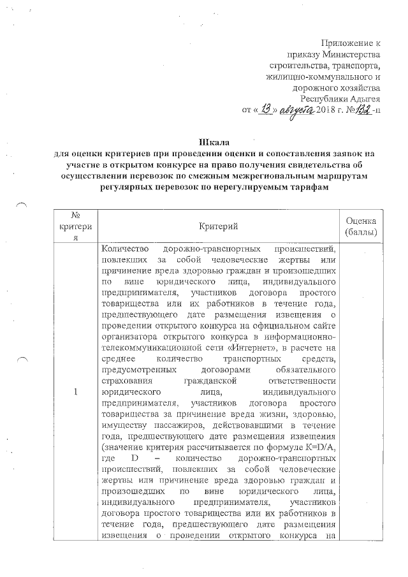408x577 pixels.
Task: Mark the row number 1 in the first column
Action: (75, 391)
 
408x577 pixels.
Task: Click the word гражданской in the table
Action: (219, 382)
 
